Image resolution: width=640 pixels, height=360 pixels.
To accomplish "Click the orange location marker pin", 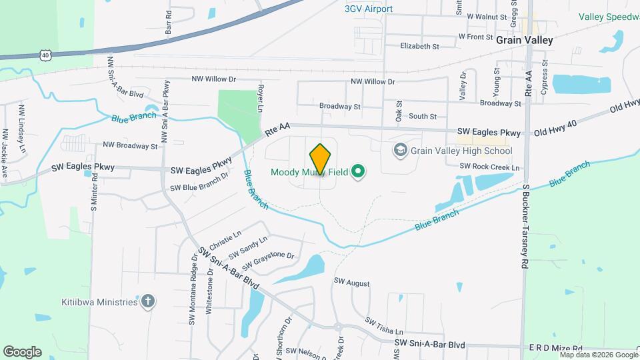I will tap(321, 159).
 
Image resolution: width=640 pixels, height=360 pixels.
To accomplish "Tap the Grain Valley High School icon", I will tap(400, 151).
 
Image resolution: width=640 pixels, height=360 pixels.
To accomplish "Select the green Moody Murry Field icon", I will tap(358, 173).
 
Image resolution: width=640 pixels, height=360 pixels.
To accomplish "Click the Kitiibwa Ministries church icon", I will tap(148, 302).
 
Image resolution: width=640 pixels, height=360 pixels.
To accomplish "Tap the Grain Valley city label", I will tap(524, 40).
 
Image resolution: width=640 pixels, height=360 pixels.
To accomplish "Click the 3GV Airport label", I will tap(369, 9).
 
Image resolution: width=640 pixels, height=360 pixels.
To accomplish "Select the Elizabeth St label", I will tap(419, 47).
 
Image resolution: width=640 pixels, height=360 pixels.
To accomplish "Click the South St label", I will tap(423, 116).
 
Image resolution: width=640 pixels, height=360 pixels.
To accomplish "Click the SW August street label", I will tap(352, 283).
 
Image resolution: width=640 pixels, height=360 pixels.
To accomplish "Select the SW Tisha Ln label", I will tap(384, 325).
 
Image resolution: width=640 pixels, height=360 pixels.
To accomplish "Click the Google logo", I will tap(22, 352).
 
